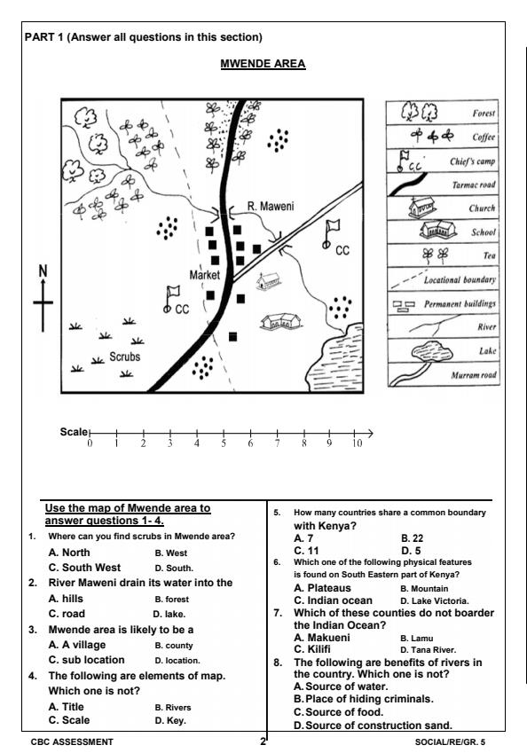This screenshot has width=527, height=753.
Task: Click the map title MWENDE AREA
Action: coord(263,64)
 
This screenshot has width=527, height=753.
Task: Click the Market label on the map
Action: coord(204,275)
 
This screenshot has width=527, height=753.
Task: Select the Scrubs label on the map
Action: coord(125,356)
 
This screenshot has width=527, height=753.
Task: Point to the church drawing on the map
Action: coord(265,282)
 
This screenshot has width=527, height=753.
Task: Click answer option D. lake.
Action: coord(169,614)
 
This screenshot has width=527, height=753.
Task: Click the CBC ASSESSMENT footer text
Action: coord(69,741)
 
